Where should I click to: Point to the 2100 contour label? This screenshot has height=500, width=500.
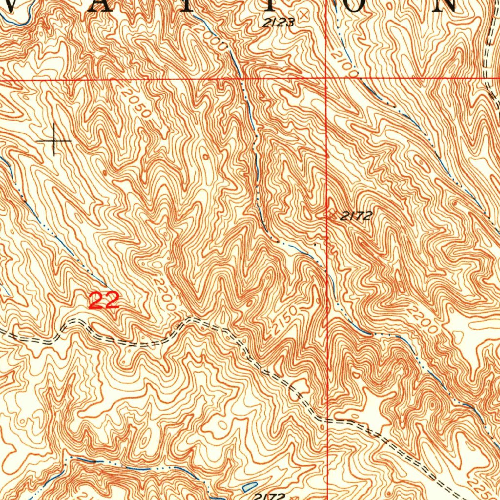click(x=344, y=61)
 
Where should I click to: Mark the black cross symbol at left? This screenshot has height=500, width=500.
click(x=54, y=141)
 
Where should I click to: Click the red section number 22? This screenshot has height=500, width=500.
click(x=104, y=300)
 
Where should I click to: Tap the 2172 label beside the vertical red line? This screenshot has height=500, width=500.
click(x=356, y=216)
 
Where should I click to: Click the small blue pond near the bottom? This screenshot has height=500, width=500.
click(x=249, y=486)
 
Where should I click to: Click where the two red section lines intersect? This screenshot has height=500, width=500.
click(x=326, y=78)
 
